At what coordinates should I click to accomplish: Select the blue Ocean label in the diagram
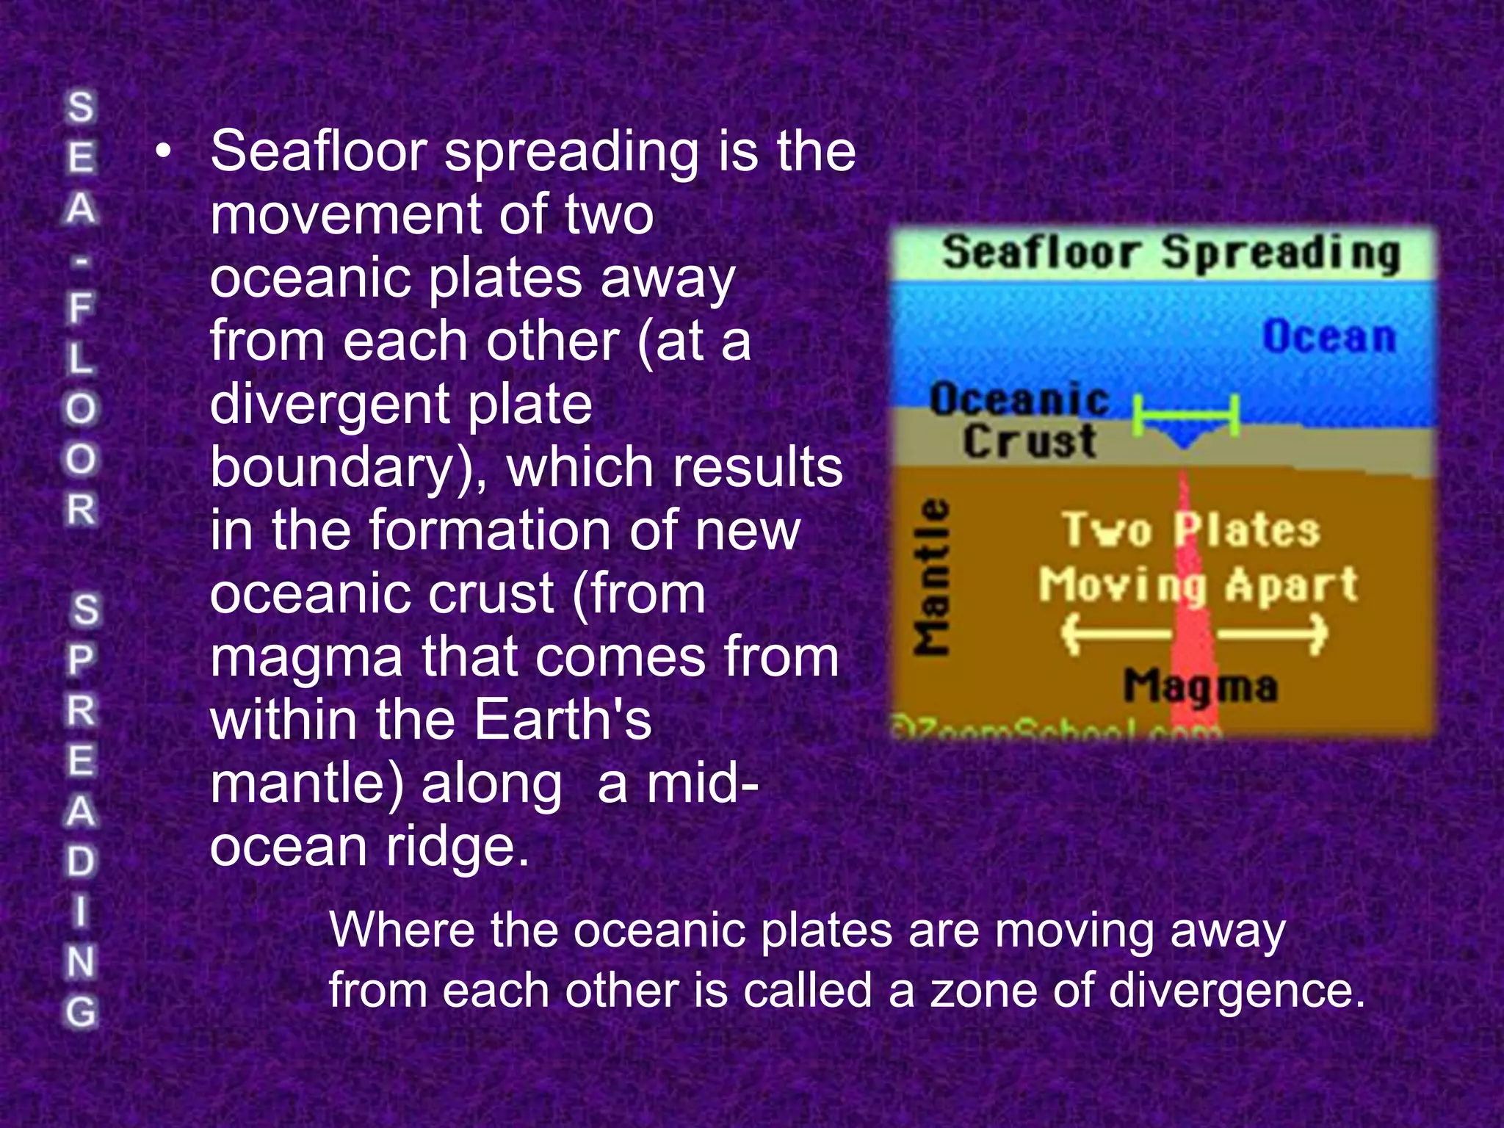pyautogui.click(x=1328, y=337)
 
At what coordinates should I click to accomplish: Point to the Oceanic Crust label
pyautogui.click(x=1021, y=421)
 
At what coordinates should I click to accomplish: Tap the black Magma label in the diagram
pyautogui.click(x=1200, y=687)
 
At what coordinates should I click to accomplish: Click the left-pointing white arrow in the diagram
pyautogui.click(x=1115, y=632)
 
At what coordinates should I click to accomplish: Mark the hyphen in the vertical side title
pyautogui.click(x=81, y=258)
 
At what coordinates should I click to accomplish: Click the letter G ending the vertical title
pyautogui.click(x=81, y=1012)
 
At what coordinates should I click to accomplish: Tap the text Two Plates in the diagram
pyautogui.click(x=1190, y=529)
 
